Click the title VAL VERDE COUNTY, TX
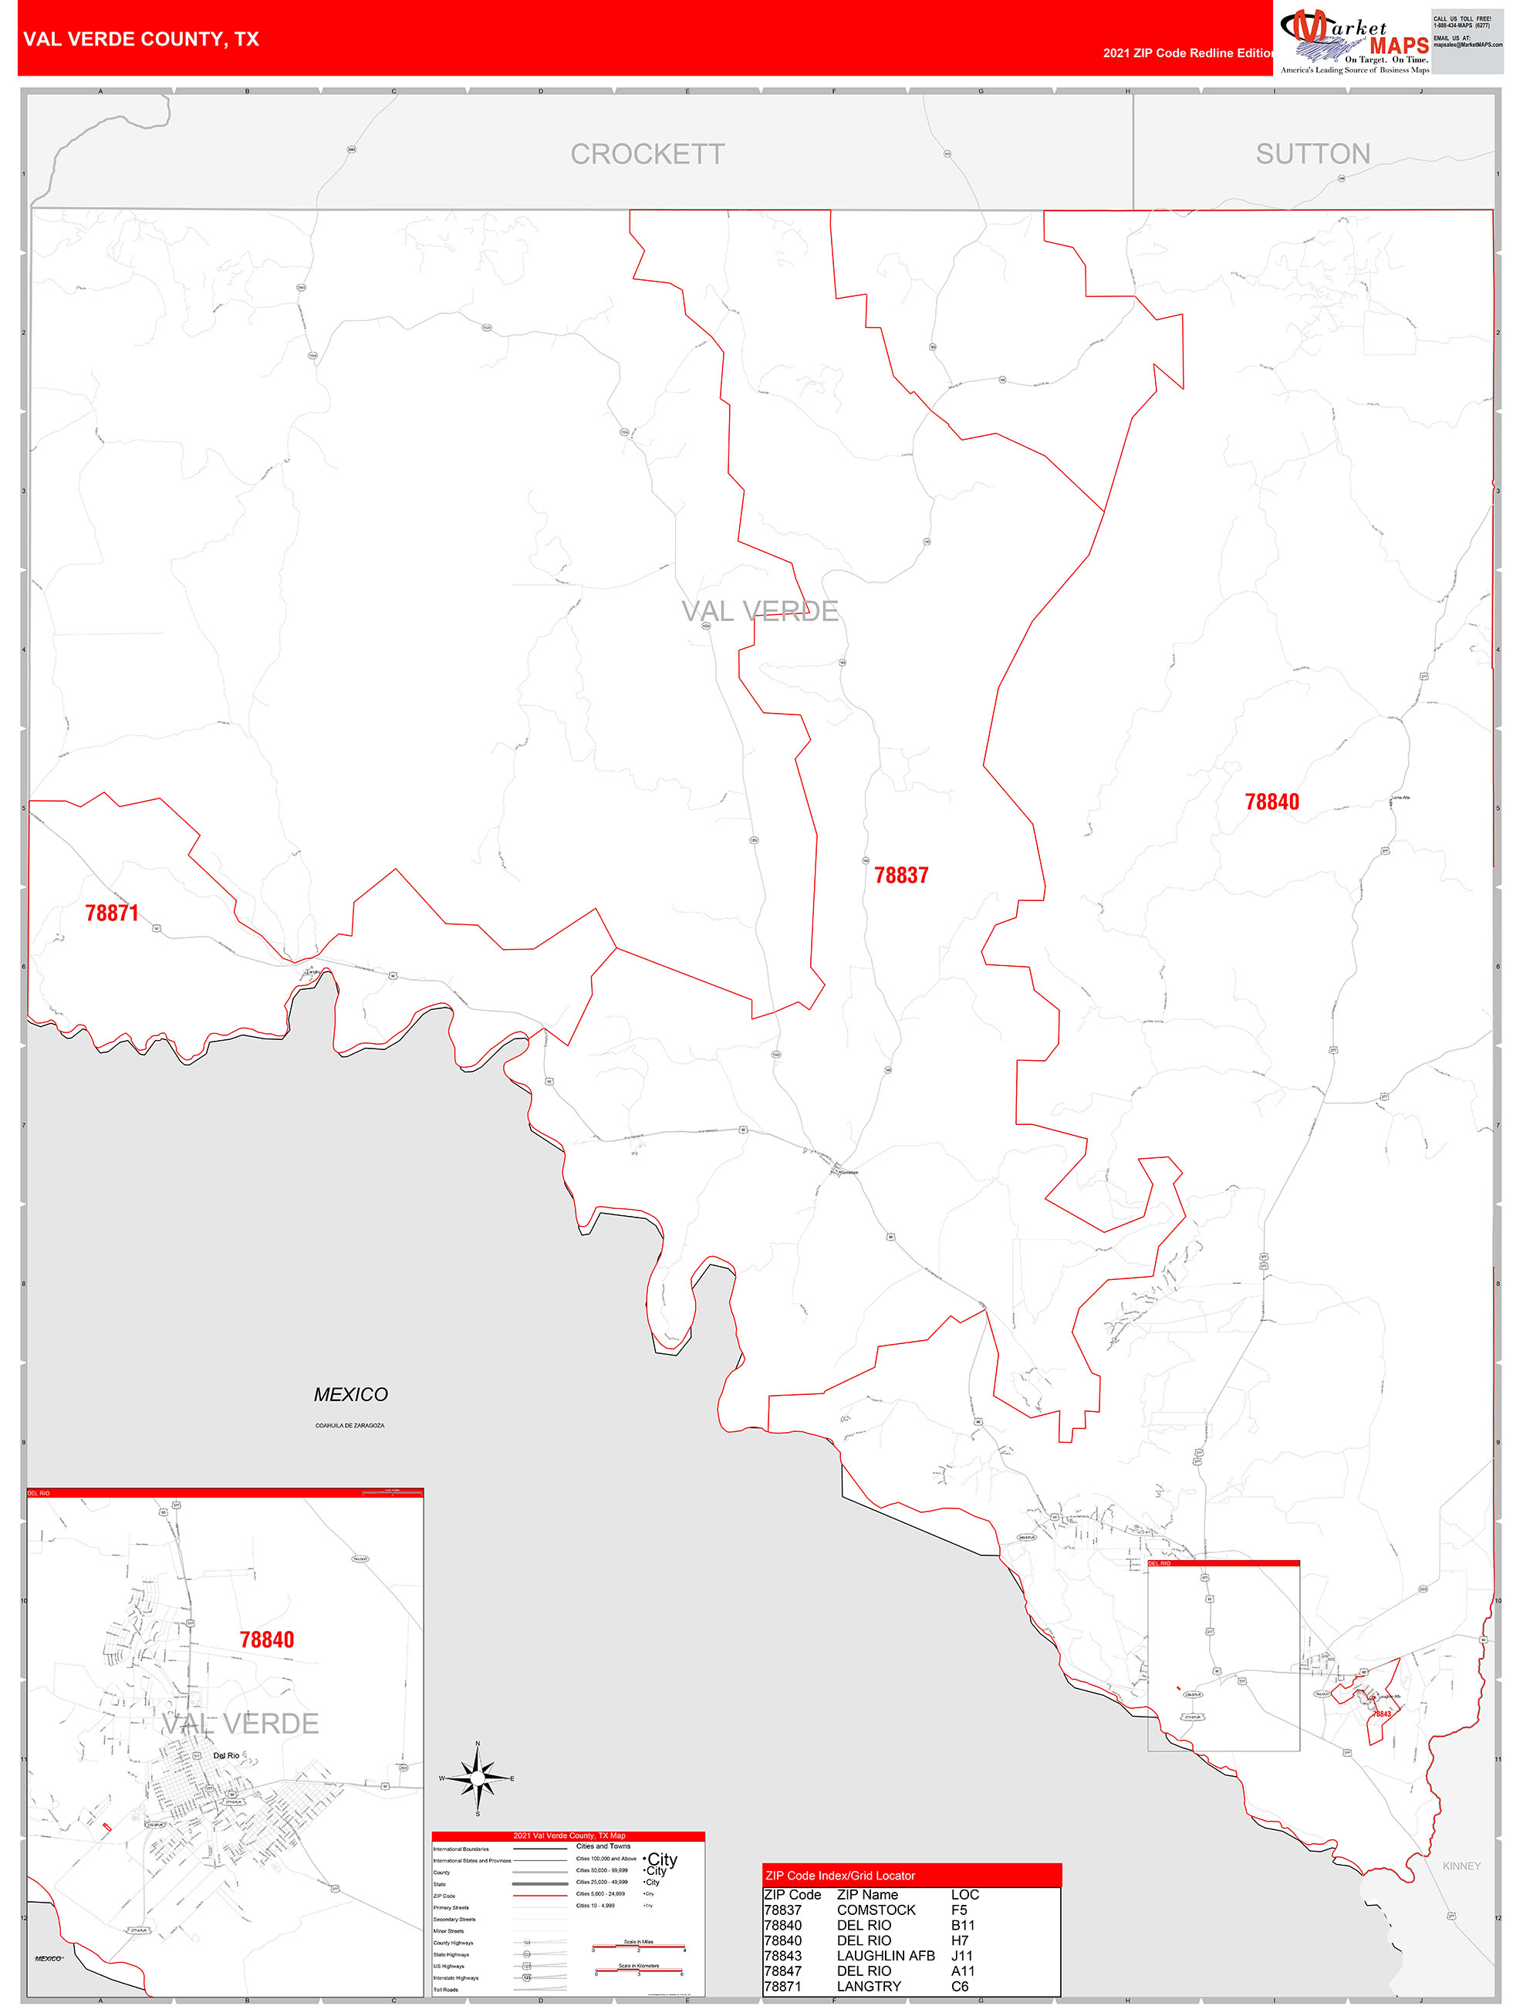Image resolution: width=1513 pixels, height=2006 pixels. [x=140, y=39]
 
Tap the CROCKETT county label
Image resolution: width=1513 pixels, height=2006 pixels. [x=647, y=154]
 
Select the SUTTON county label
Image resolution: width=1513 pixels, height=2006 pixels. [x=1312, y=154]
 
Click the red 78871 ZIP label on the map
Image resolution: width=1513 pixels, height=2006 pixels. [x=112, y=914]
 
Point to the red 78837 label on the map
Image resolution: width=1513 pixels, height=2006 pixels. [x=900, y=875]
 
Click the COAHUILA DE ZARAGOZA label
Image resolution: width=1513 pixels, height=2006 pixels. [x=350, y=1426]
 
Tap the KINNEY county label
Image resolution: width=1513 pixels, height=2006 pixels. [x=1461, y=1866]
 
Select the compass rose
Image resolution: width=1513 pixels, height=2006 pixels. [x=477, y=1778]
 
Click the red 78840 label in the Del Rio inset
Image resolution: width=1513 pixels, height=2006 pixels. [x=267, y=1640]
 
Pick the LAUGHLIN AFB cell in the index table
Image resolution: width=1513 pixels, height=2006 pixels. [x=884, y=1955]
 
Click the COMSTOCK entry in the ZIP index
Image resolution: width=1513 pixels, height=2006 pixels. [x=876, y=1910]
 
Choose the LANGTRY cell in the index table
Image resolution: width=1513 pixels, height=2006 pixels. [x=868, y=1986]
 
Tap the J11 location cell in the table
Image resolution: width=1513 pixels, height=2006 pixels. [x=961, y=1955]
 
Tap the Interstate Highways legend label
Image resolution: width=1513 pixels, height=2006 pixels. [x=455, y=1978]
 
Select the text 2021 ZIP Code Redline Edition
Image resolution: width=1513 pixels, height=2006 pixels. [x=1187, y=53]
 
